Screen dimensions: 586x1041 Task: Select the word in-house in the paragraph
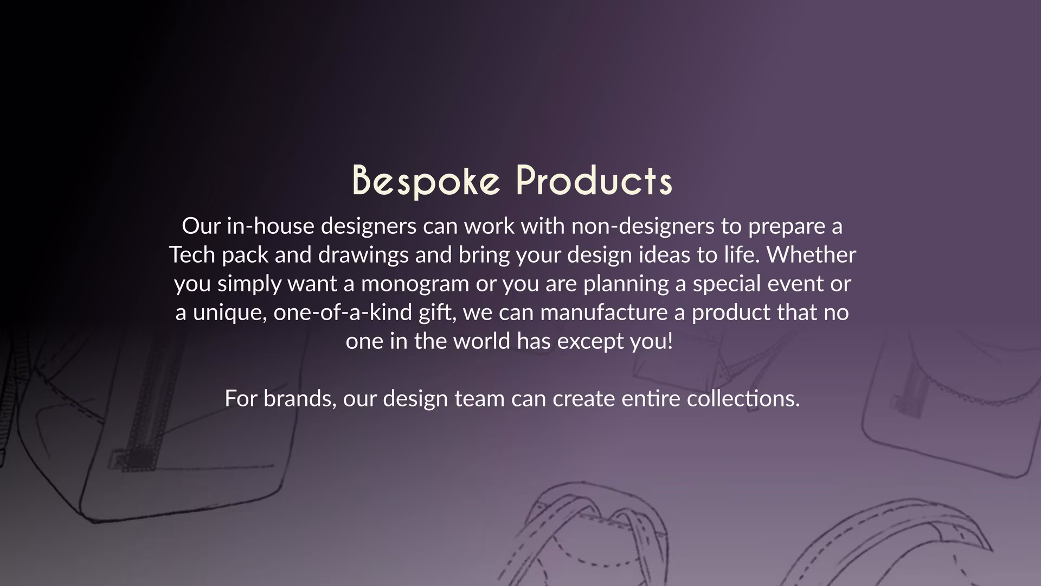pyautogui.click(x=270, y=226)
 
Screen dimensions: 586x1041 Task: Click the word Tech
pyautogui.click(x=192, y=254)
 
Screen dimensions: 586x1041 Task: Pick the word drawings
pyautogui.click(x=363, y=254)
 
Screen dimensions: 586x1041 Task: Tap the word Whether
pyautogui.click(x=811, y=254)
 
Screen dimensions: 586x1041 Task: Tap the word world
pyautogui.click(x=481, y=341)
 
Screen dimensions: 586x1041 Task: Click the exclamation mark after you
pyautogui.click(x=670, y=341)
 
